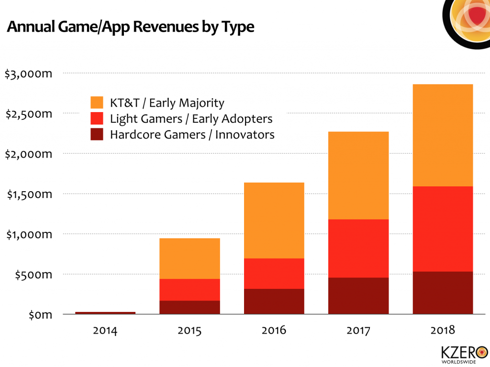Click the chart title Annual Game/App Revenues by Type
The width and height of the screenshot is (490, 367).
[x=130, y=27]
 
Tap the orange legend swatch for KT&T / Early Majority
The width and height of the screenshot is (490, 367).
[x=97, y=103]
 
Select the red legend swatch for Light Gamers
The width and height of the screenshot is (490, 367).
[x=97, y=118]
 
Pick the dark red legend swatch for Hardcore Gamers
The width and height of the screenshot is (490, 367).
[x=97, y=134]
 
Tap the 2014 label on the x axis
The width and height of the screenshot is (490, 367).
[x=105, y=331]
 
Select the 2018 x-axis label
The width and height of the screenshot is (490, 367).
[x=443, y=331]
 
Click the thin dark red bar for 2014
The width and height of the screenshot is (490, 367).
[x=105, y=313]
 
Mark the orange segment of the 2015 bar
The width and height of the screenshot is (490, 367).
[x=190, y=258]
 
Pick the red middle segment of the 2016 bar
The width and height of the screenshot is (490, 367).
[x=274, y=274]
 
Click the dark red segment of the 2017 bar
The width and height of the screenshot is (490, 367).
[x=358, y=296]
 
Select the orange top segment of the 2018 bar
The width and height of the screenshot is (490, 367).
[x=443, y=135]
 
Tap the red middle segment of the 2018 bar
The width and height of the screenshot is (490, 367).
[x=443, y=229]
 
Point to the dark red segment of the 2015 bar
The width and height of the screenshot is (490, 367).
[x=190, y=307]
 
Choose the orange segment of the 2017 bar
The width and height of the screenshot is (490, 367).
[x=358, y=175]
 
